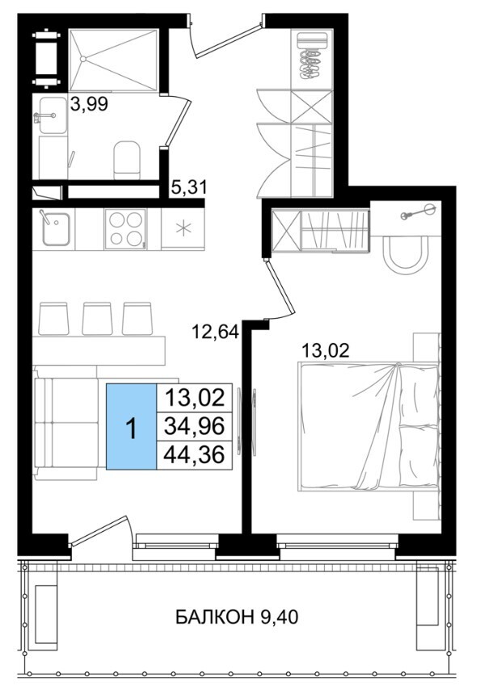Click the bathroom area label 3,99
click(x=89, y=105)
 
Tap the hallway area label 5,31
click(x=188, y=188)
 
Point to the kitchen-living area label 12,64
click(x=215, y=332)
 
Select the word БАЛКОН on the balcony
click(x=214, y=617)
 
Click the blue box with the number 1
click(x=132, y=426)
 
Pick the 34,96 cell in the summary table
click(x=195, y=426)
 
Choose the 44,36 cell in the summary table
click(x=195, y=454)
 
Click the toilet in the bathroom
click(x=127, y=160)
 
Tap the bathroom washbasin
click(x=53, y=115)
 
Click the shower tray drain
click(x=83, y=58)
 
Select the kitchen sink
click(x=56, y=229)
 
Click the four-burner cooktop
click(x=125, y=229)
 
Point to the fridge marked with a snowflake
click(x=182, y=229)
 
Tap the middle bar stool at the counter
click(x=98, y=318)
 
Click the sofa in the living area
click(x=66, y=422)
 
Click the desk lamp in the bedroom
click(x=418, y=212)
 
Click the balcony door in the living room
click(x=100, y=530)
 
